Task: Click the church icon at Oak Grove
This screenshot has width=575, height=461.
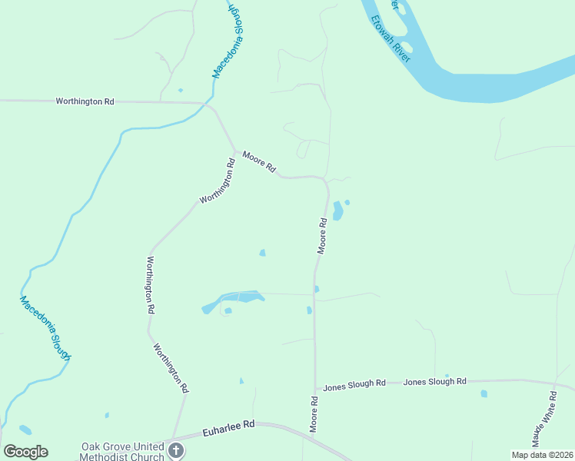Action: [x=175, y=450]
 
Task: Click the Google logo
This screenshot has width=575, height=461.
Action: [x=25, y=452]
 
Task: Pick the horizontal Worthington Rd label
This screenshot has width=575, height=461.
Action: [x=85, y=101]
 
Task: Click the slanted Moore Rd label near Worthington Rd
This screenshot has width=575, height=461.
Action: [x=259, y=161]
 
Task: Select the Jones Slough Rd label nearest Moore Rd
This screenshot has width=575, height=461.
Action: [x=354, y=383]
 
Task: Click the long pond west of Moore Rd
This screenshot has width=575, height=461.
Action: [x=233, y=300]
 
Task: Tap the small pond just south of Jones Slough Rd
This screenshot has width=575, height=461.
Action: [x=484, y=394]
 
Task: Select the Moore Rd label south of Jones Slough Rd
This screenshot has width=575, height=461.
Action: [x=314, y=414]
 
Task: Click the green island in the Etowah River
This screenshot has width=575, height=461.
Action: [x=406, y=48]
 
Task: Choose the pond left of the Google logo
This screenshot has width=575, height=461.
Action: [x=25, y=430]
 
